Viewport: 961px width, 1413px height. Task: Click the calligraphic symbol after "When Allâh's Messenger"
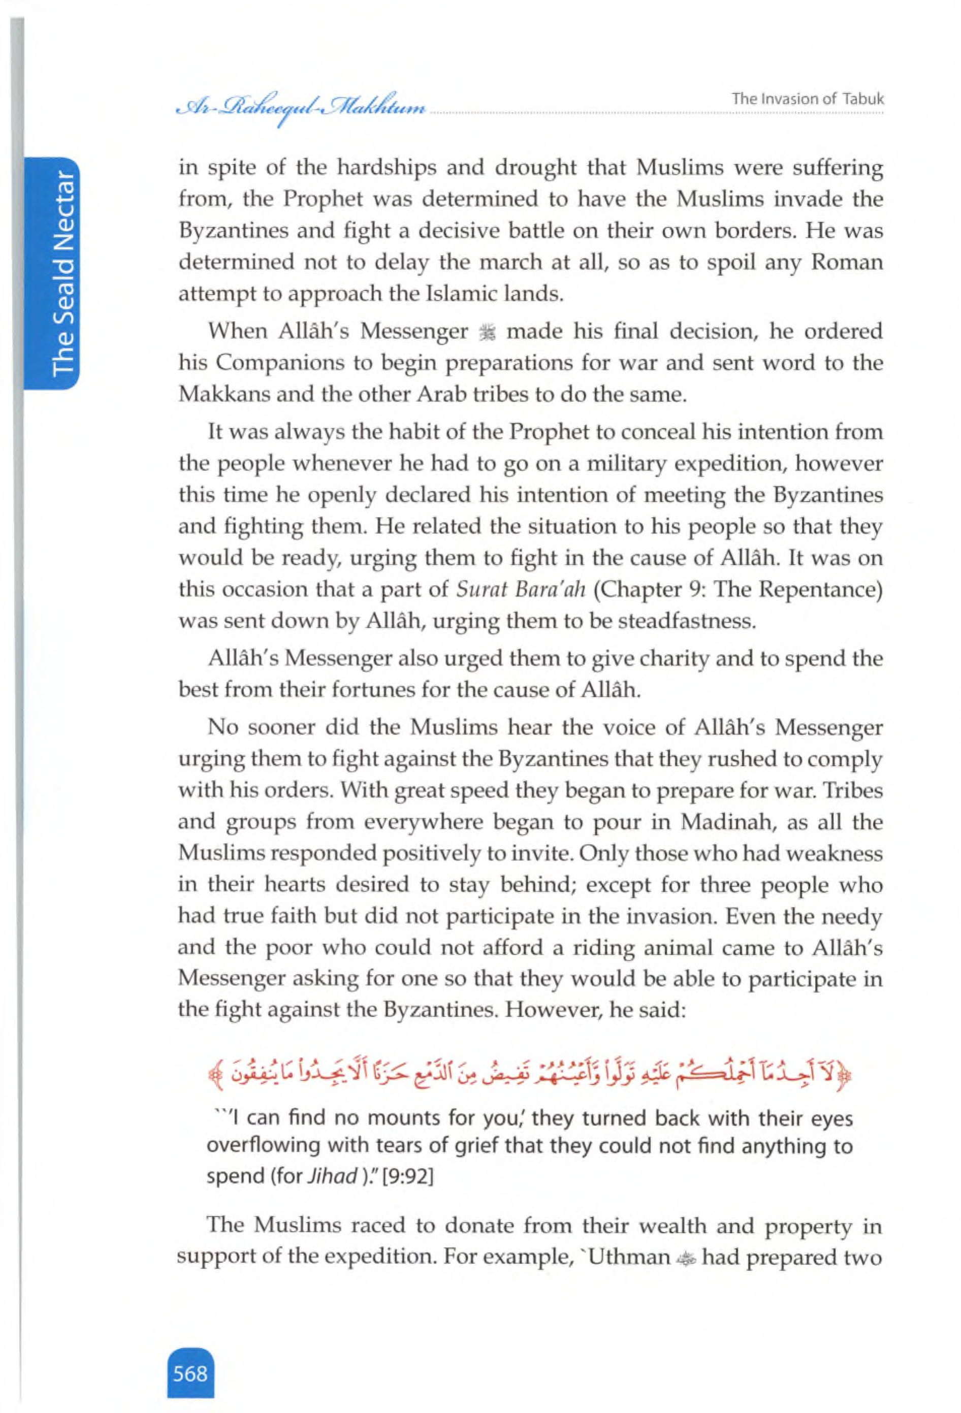click(x=488, y=332)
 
